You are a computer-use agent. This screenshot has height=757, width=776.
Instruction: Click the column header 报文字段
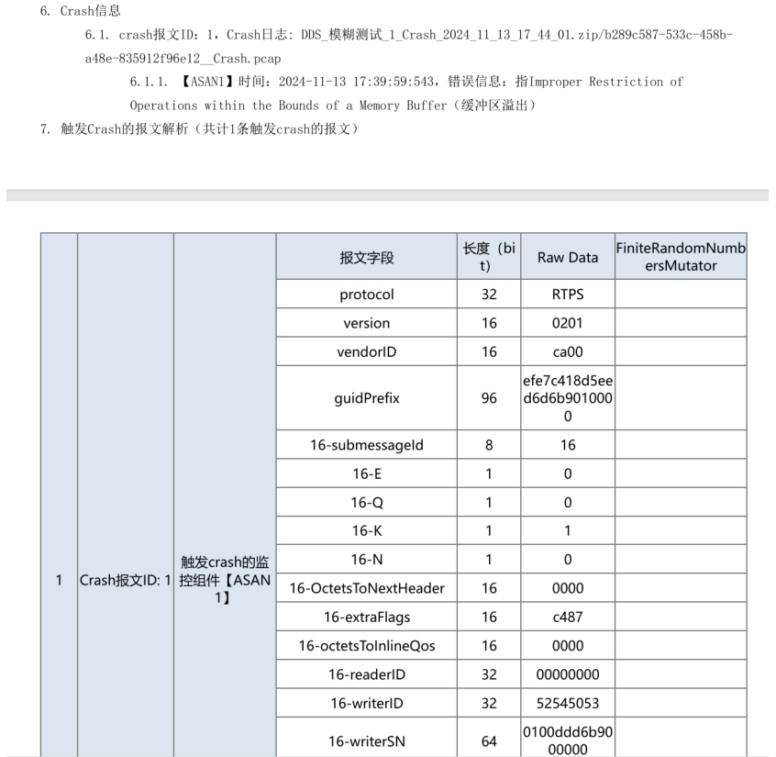pyautogui.click(x=366, y=258)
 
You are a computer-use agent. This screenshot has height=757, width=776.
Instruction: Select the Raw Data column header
pyautogui.click(x=567, y=258)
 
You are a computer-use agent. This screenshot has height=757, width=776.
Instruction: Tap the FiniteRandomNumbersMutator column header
pyautogui.click(x=680, y=258)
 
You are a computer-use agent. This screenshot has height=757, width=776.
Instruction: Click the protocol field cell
pyautogui.click(x=366, y=295)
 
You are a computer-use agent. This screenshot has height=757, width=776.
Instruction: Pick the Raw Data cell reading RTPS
pyautogui.click(x=567, y=295)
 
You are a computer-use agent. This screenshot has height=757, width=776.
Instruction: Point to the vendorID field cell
pyautogui.click(x=366, y=351)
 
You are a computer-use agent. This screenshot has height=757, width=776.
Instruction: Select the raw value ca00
pyautogui.click(x=567, y=351)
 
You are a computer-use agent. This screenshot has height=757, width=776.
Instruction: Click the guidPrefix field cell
pyautogui.click(x=366, y=399)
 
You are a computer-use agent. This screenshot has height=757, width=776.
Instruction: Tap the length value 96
pyautogui.click(x=489, y=399)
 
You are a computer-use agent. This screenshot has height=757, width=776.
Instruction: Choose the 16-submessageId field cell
pyautogui.click(x=366, y=445)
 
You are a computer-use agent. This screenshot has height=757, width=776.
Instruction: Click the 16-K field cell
pyautogui.click(x=366, y=530)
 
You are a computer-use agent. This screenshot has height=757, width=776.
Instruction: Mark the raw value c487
pyautogui.click(x=567, y=617)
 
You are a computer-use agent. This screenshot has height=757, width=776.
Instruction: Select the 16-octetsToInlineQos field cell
pyautogui.click(x=366, y=646)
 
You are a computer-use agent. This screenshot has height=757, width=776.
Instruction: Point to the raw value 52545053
pyautogui.click(x=567, y=703)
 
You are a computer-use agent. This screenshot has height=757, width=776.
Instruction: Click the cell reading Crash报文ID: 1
pyautogui.click(x=126, y=580)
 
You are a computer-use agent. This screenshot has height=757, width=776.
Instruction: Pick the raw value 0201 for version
pyautogui.click(x=567, y=323)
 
